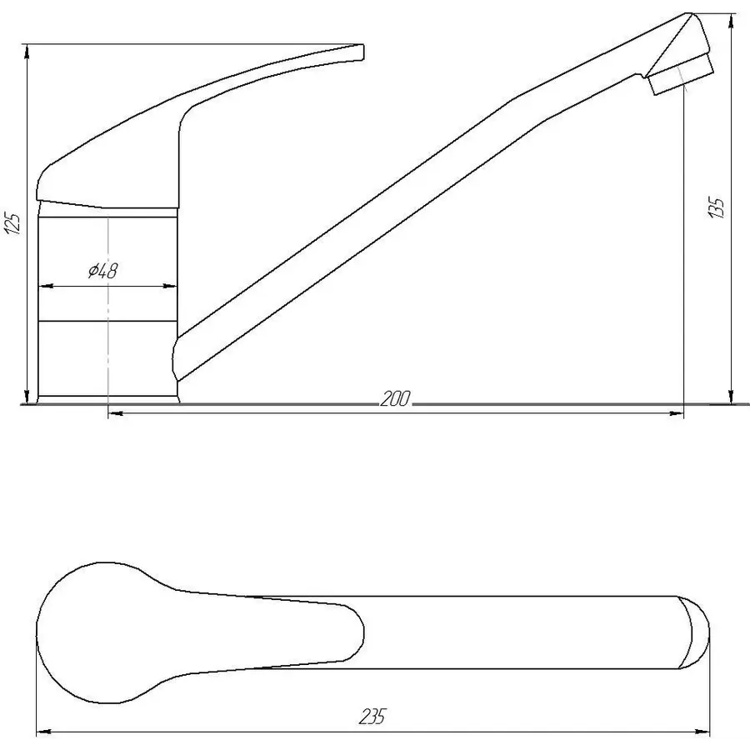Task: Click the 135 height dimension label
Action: tap(717, 207)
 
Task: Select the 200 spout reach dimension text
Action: tap(395, 400)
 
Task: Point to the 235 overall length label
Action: tap(374, 716)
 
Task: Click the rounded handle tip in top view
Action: tap(354, 632)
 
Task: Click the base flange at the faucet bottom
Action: tap(108, 400)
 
